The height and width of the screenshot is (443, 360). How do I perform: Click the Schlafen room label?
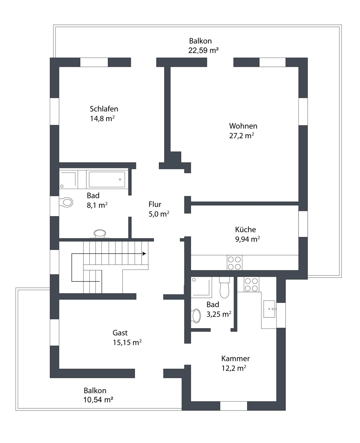(104, 109)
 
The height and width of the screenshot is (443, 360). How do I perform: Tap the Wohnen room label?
(243, 126)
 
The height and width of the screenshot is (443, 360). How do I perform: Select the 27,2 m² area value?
(241, 135)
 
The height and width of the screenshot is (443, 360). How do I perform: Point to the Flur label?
(155, 204)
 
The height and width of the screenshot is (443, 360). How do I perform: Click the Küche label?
(245, 229)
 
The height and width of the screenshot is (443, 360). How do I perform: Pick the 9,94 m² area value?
(247, 239)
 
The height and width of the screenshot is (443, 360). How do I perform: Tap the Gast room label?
(120, 333)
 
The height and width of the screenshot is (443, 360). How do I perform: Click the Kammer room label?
(235, 358)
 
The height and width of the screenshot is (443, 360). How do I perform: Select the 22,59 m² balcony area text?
(203, 50)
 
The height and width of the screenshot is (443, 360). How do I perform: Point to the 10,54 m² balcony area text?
(98, 399)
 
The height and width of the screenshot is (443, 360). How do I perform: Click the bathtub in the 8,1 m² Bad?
(107, 179)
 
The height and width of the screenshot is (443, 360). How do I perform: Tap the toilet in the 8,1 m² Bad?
(66, 202)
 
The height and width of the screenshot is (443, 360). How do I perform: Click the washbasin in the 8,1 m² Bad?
(100, 233)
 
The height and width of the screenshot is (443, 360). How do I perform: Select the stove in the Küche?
(234, 263)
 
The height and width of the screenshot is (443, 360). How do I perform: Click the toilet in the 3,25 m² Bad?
(224, 287)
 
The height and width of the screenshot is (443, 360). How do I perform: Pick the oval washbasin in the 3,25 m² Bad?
(196, 316)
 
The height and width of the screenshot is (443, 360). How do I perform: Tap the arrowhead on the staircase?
(144, 254)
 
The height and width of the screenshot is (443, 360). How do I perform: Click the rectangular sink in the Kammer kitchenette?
(270, 309)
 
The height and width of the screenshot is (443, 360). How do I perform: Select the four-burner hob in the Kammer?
(251, 285)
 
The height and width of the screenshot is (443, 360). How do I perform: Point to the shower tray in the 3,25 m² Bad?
(201, 286)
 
